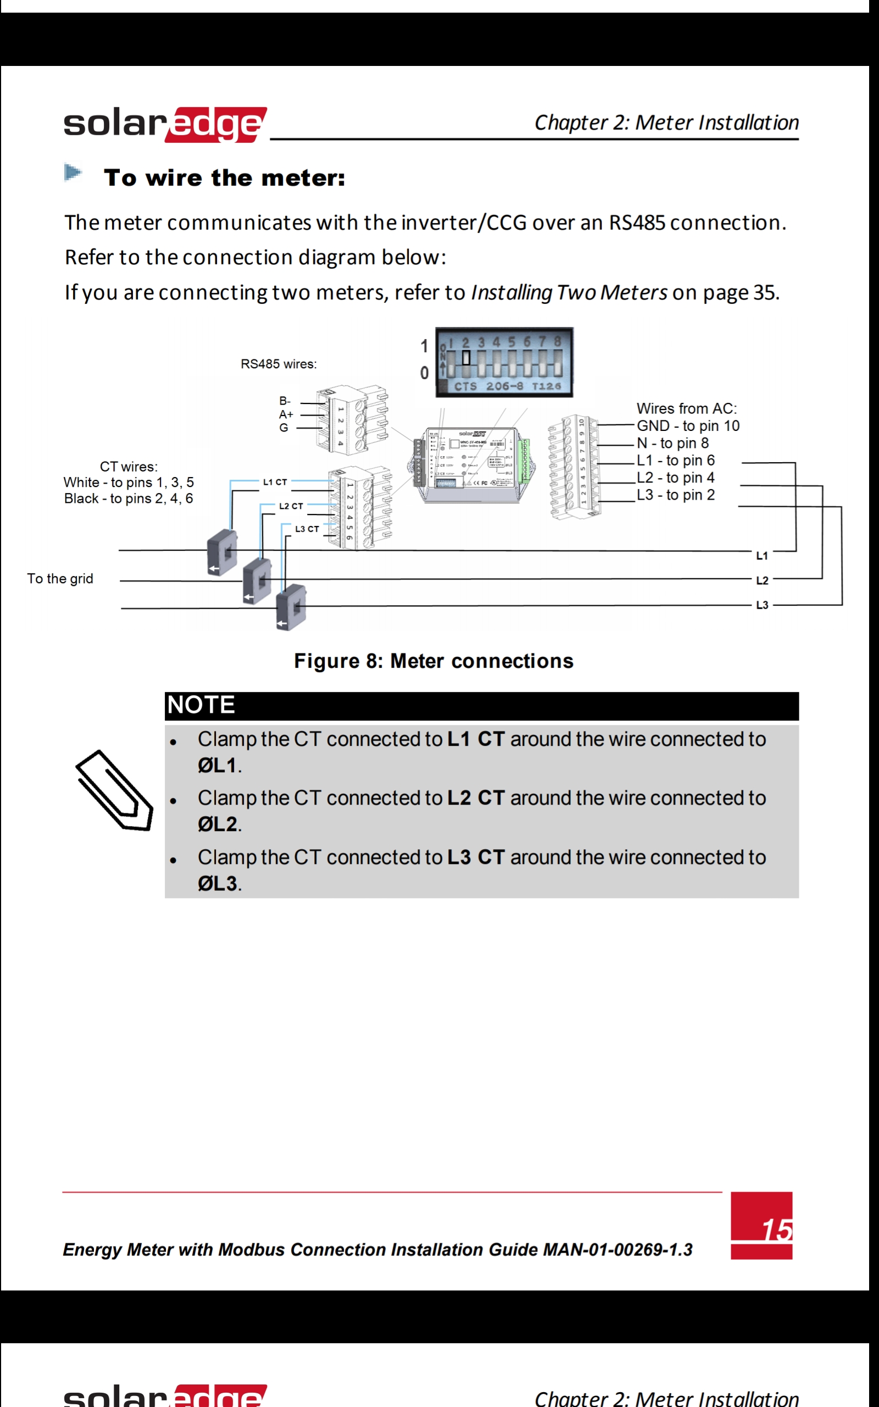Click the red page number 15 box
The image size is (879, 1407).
pyautogui.click(x=761, y=1225)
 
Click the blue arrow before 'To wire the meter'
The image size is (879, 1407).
pyautogui.click(x=73, y=173)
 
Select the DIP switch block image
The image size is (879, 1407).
pyautogui.click(x=504, y=362)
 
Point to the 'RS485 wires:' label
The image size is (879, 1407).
pyautogui.click(x=279, y=364)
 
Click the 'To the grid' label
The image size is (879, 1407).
pyautogui.click(x=60, y=579)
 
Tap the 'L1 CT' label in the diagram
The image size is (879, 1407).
pyautogui.click(x=275, y=482)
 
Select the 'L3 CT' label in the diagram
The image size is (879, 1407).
pyautogui.click(x=307, y=529)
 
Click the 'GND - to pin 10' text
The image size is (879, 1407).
pyautogui.click(x=688, y=425)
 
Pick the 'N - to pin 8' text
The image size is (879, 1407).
pyautogui.click(x=672, y=443)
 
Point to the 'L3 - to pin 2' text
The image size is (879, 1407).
pyautogui.click(x=676, y=495)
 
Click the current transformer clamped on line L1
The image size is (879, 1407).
pyautogui.click(x=222, y=552)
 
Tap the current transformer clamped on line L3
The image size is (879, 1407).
pyautogui.click(x=291, y=607)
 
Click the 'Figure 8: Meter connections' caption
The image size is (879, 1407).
pyautogui.click(x=433, y=661)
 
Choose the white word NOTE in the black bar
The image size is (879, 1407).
pyautogui.click(x=201, y=705)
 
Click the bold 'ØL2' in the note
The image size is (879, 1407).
pyautogui.click(x=217, y=824)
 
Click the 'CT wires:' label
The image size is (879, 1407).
pyautogui.click(x=129, y=467)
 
